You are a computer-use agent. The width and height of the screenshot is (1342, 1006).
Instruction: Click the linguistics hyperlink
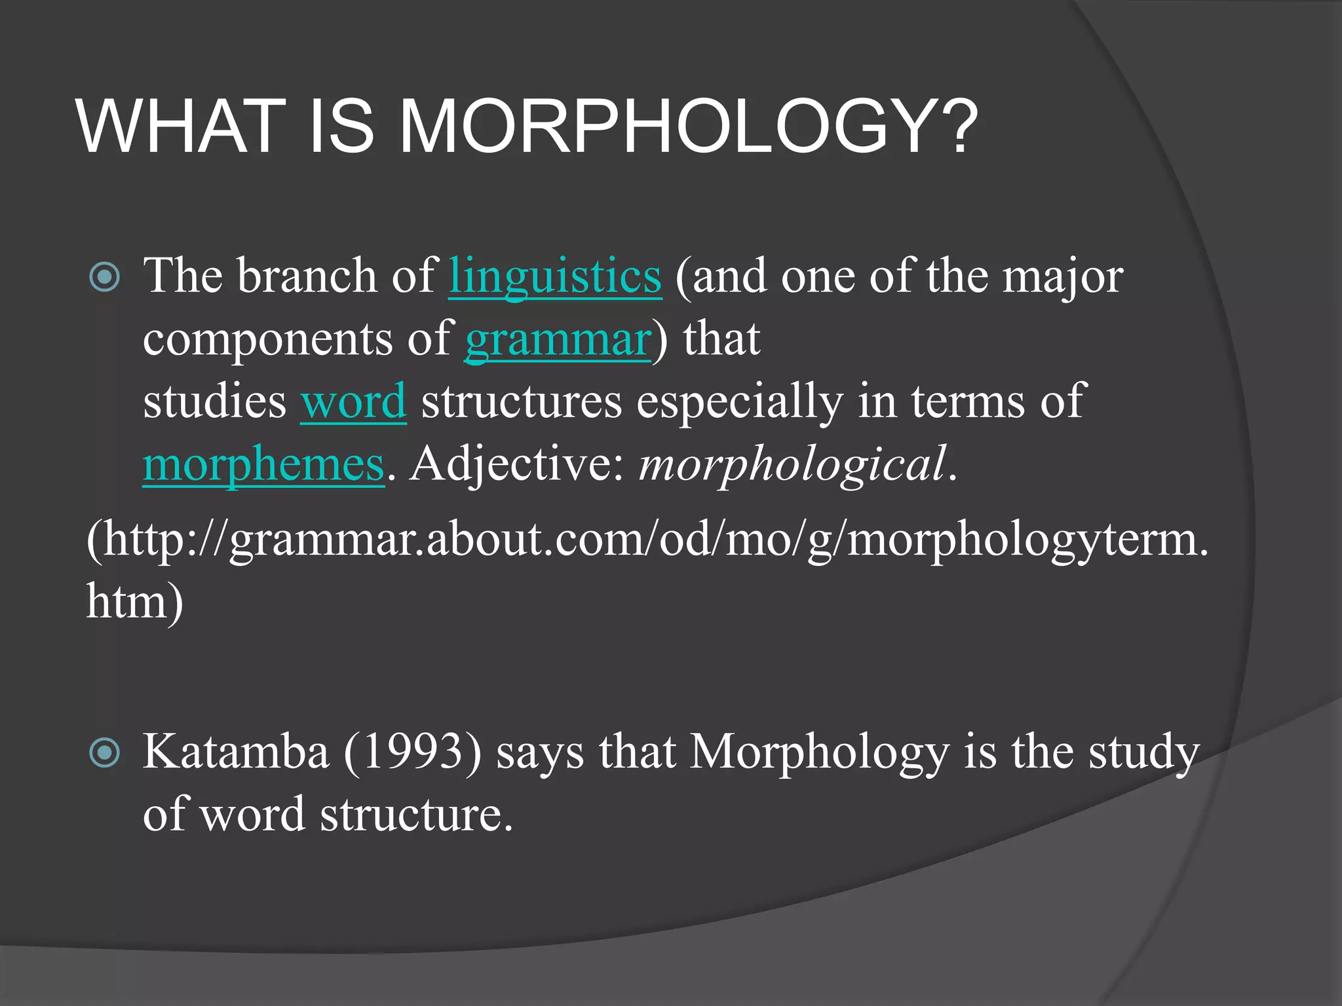tap(554, 276)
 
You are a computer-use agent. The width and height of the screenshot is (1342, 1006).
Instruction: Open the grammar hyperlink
tap(558, 340)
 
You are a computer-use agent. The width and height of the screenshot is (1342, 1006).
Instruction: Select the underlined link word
tap(353, 402)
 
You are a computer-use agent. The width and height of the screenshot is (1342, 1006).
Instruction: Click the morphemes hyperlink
tap(263, 464)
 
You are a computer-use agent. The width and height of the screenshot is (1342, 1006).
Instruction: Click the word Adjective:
tap(518, 464)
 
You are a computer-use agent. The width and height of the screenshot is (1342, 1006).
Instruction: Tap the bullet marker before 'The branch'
tap(105, 277)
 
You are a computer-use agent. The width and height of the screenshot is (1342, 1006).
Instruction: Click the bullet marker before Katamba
tap(105, 753)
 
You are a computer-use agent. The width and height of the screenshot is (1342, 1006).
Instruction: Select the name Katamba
tap(235, 753)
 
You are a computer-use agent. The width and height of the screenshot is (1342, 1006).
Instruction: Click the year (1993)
tap(412, 753)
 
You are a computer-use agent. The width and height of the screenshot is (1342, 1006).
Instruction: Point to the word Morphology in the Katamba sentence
tap(819, 753)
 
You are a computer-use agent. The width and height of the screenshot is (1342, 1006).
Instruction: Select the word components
tap(267, 340)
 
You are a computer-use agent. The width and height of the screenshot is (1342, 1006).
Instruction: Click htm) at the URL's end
tap(134, 602)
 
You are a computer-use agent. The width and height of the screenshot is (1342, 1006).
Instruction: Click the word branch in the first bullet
tap(306, 276)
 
